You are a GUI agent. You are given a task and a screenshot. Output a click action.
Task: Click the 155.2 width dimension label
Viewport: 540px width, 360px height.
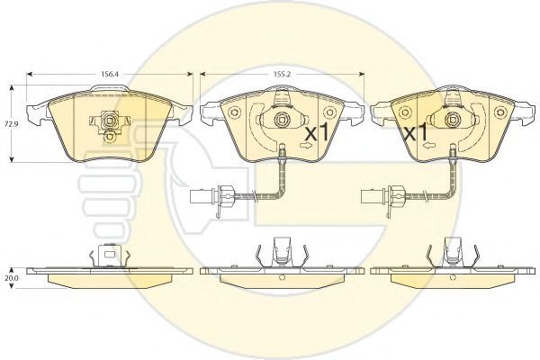[x=282, y=75]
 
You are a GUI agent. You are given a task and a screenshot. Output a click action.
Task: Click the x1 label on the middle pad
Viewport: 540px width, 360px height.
[x=317, y=132]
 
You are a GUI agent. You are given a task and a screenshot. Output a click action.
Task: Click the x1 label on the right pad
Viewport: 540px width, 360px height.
[x=416, y=132]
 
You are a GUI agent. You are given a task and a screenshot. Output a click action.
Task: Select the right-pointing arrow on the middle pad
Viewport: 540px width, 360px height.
[x=305, y=146]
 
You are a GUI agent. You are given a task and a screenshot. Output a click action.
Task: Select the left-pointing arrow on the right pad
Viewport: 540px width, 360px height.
[x=428, y=146]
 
